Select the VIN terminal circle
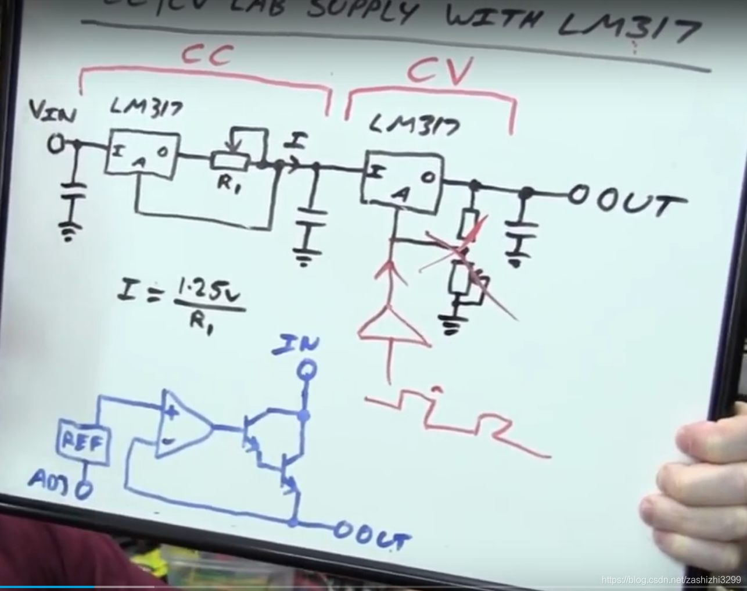56,145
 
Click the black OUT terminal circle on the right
578,196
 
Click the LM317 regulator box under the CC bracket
142,154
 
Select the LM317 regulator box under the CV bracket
400,178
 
